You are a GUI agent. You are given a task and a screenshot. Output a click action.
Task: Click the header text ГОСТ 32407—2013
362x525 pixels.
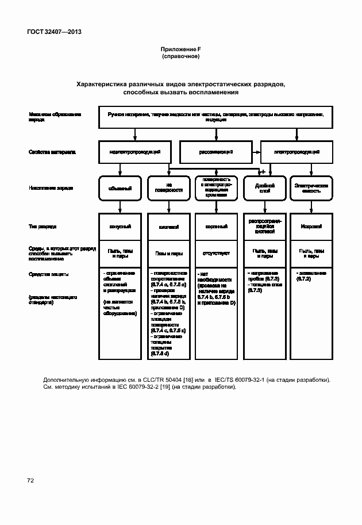54,32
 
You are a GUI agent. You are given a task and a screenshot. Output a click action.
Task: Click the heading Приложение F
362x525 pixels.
180,50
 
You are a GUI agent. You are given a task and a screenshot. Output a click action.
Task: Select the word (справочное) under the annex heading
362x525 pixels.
180,57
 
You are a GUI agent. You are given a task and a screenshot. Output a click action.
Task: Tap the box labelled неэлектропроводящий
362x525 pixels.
135,152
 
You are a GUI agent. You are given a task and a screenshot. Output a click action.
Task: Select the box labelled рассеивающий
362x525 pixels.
216,152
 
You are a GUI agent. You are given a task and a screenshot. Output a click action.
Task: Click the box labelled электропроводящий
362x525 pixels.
296,152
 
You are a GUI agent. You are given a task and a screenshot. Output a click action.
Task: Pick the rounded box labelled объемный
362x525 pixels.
120,188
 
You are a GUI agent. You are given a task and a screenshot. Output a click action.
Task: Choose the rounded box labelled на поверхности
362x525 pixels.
168,188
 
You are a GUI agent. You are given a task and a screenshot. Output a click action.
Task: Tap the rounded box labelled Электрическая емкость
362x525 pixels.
311,188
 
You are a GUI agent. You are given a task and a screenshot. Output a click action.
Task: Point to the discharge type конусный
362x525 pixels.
120,227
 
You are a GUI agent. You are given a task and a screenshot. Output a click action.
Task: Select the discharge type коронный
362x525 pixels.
216,227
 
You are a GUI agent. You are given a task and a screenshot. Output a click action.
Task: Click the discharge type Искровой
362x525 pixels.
311,227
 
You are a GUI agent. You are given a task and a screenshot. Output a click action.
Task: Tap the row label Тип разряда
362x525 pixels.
43,227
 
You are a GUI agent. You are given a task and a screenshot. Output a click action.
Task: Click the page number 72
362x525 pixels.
30,480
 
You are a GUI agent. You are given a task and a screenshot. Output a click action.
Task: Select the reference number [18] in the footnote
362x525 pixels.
188,380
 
